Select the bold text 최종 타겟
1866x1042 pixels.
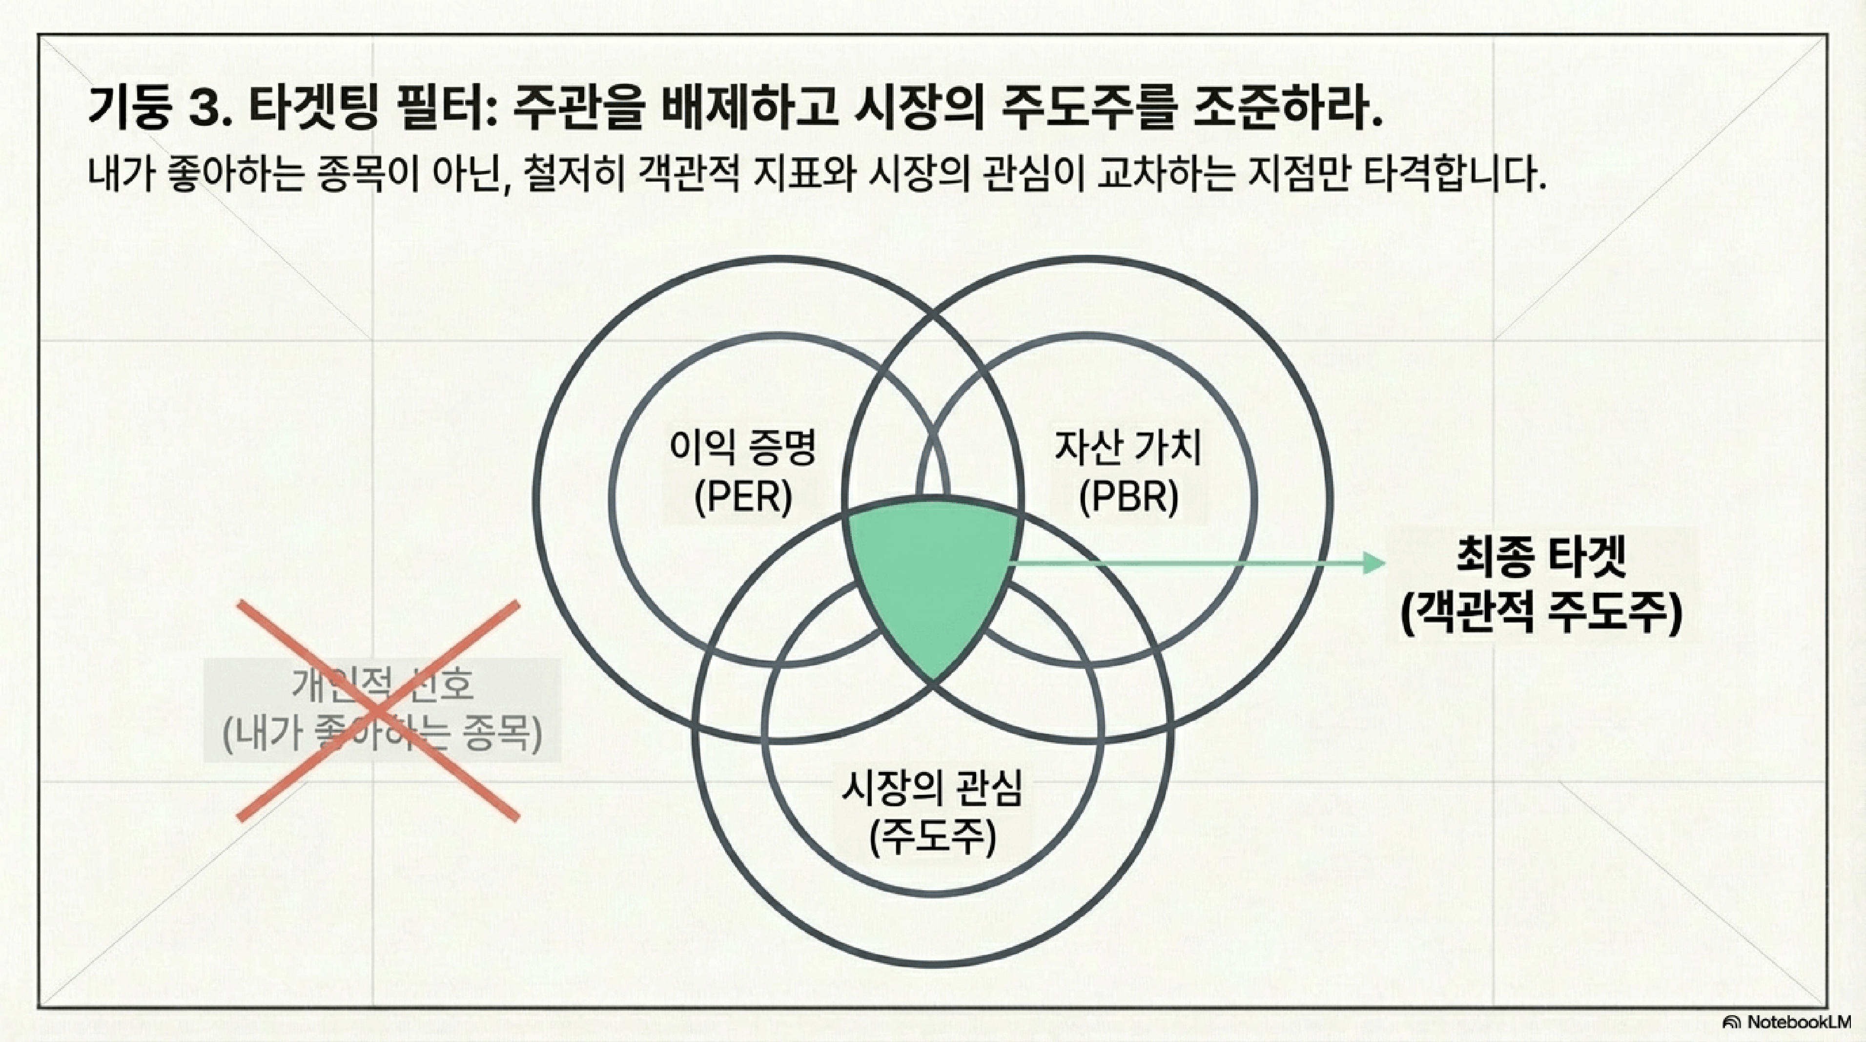point(1541,559)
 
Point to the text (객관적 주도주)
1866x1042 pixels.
point(1541,614)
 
